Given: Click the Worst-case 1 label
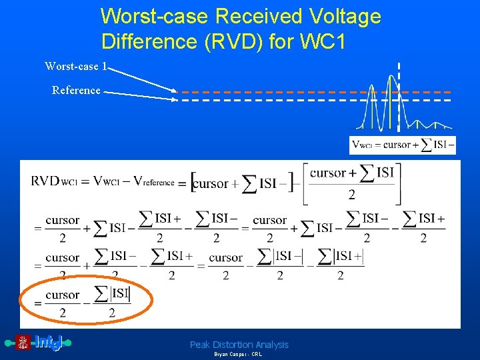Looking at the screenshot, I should [75, 66].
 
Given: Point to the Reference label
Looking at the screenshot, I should [76, 90].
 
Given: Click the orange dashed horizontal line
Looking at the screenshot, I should [280, 92].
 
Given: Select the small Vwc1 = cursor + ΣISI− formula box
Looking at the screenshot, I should [403, 145].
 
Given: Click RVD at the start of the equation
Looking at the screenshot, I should [45, 181].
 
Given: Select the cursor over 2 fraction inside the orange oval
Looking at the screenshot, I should [62, 303].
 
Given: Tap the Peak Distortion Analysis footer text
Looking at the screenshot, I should [239, 345].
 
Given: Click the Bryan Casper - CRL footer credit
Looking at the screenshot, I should [238, 355].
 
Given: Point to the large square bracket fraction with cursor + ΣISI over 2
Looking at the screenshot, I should [351, 183].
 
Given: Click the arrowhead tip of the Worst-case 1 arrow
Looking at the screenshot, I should [177, 91].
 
